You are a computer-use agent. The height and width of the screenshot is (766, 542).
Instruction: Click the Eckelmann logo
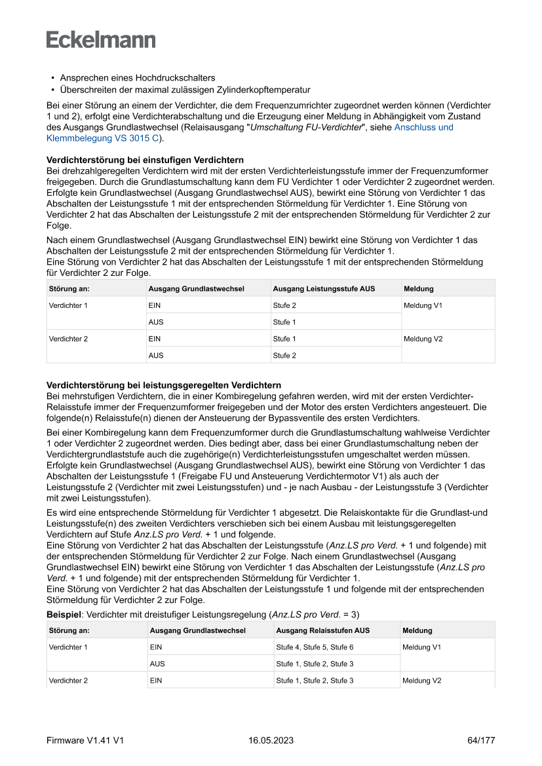101,39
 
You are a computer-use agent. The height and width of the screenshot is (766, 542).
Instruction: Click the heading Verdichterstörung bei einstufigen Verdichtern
145,160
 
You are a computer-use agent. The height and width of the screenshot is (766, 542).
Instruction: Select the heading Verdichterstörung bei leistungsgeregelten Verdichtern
164,385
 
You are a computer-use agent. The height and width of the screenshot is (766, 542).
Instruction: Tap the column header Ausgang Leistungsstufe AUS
324,288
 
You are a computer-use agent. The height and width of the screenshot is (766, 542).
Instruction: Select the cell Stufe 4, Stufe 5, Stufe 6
315,647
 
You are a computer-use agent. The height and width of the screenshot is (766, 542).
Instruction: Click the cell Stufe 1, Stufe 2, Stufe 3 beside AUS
315,664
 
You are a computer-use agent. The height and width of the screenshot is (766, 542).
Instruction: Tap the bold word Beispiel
64,615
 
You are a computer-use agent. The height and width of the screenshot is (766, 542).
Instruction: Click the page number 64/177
481,740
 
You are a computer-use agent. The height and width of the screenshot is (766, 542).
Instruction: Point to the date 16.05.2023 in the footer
271,740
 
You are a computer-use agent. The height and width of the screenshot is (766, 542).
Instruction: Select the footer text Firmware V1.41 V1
85,740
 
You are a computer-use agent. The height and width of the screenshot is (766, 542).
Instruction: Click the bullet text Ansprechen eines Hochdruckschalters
138,77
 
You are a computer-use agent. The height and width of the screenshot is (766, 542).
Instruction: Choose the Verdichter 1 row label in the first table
68,305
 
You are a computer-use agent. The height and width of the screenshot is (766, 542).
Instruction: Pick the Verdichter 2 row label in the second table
68,681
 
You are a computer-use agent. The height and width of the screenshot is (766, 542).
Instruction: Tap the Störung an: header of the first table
69,288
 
